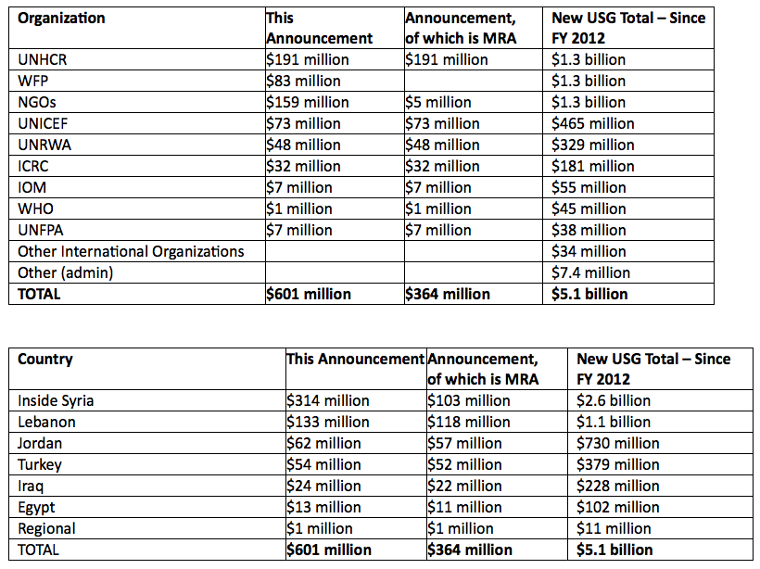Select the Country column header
(x=45, y=359)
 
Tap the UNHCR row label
(x=43, y=59)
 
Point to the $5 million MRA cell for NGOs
(x=437, y=102)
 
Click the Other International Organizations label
(x=131, y=251)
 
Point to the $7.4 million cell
(x=590, y=272)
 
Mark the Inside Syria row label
(x=56, y=400)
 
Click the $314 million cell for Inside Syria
(x=327, y=400)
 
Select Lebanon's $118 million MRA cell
(x=468, y=422)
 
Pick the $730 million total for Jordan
(x=617, y=443)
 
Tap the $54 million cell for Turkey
(x=323, y=464)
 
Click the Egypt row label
(x=36, y=507)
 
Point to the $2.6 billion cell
(x=614, y=400)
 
